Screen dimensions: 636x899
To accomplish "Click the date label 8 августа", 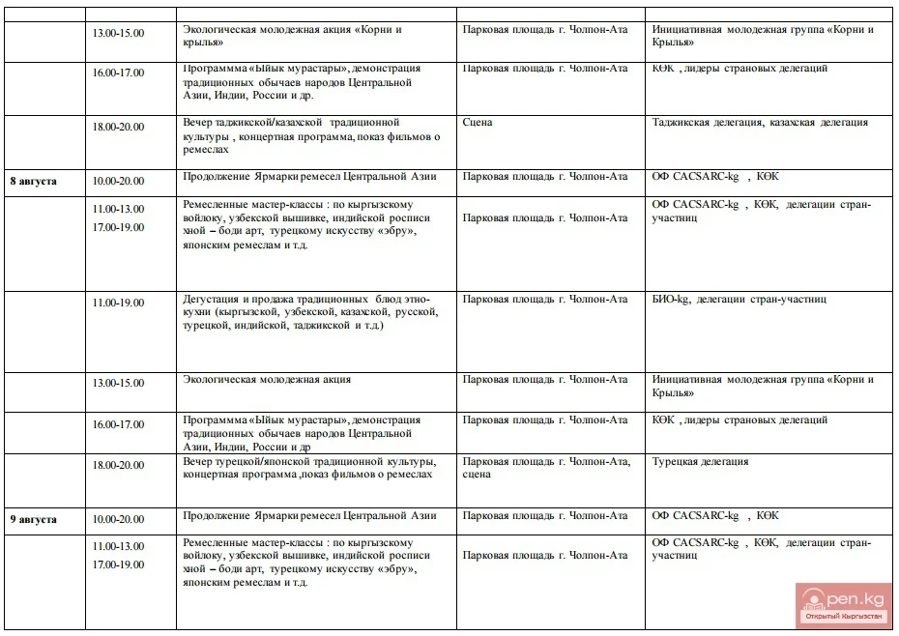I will pos(34,181).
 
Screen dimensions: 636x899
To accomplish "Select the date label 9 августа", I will pos(34,519).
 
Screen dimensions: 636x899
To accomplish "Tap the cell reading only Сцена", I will pos(478,123).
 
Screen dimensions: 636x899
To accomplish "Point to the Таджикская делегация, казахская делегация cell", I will pos(760,123).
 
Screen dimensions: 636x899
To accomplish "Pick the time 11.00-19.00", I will pos(118,303).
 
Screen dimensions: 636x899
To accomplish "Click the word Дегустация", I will pos(211,300).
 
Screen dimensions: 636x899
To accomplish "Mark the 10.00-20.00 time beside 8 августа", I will pos(118,181).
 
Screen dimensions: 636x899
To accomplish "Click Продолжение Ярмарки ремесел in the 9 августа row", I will pos(309,516).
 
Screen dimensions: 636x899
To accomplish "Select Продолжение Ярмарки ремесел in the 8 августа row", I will pos(309,177).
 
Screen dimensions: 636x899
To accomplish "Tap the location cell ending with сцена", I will pos(546,468).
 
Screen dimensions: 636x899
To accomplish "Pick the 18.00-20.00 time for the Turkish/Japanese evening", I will pos(118,465).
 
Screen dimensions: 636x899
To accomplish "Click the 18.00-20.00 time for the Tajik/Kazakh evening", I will pos(118,127).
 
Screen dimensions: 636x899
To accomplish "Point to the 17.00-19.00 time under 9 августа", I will pos(118,564).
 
